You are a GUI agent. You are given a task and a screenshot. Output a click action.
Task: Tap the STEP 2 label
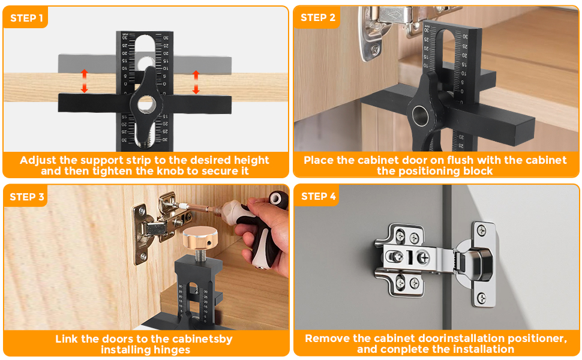pos(318,17)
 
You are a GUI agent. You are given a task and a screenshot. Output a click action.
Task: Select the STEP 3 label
pos(27,197)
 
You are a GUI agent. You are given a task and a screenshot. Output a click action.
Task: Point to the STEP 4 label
pos(319,196)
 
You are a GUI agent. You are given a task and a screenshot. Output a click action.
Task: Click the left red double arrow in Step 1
pos(84,81)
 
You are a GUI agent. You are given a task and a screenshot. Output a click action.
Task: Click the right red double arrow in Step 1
pos(196,82)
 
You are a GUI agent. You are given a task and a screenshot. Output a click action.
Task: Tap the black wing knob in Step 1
pos(146,104)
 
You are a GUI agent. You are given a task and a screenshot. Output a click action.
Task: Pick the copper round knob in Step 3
pos(200,238)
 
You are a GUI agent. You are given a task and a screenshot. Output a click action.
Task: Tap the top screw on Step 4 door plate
pos(482,230)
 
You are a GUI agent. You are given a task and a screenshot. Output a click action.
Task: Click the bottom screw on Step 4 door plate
pos(482,298)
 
